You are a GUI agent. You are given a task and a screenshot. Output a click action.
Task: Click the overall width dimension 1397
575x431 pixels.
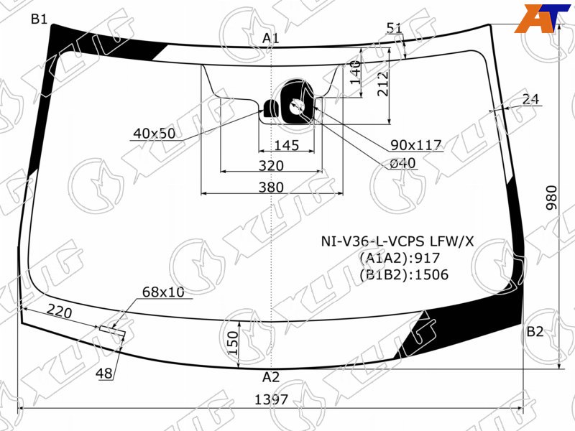pos(272,399)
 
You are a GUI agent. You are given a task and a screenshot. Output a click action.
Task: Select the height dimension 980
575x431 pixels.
pos(551,198)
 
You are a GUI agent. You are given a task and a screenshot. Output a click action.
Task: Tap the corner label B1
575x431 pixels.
pos(40,19)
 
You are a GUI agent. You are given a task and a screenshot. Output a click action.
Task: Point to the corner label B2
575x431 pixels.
pos(535,332)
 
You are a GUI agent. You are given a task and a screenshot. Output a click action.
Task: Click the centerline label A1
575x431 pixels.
pos(271,38)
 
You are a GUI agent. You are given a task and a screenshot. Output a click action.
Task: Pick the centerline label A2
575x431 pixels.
pos(271,376)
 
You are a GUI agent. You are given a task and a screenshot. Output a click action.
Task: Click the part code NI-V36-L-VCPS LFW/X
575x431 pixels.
pos(397,241)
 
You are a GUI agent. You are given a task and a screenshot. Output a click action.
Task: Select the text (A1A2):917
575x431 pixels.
pos(400,258)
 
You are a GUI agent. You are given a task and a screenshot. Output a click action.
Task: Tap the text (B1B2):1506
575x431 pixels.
pos(404,274)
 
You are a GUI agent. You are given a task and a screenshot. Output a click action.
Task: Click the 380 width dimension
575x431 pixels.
pos(271,187)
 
